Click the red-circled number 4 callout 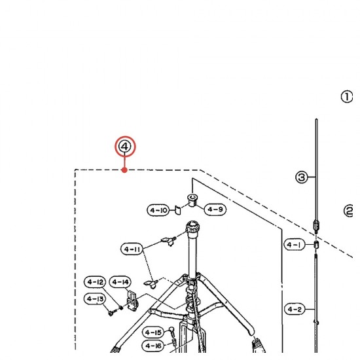click(125, 147)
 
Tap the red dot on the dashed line click(124, 170)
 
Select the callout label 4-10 click(158, 210)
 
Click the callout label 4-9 click(215, 209)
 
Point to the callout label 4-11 click(132, 249)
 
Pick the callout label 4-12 click(95, 282)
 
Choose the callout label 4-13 click(95, 298)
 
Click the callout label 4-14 click(120, 282)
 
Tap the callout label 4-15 click(153, 333)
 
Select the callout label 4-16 click(153, 346)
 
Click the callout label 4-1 click(295, 245)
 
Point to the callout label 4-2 click(295, 309)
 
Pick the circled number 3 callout click(302, 177)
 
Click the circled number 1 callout click(347, 97)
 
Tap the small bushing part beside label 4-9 click(192, 200)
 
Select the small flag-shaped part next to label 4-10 click(177, 210)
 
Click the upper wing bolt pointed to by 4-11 click(170, 241)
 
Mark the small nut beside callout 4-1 click(316, 245)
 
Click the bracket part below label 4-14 click(132, 300)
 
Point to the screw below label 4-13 click(111, 312)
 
